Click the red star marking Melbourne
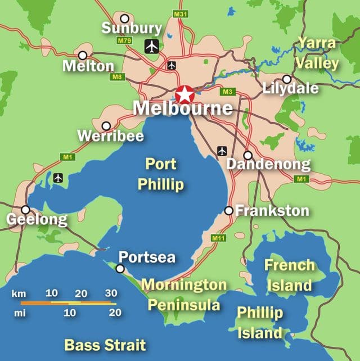(x=184, y=94)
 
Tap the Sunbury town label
(x=132, y=28)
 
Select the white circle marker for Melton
(x=83, y=55)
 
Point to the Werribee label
(x=110, y=136)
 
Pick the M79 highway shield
(x=124, y=41)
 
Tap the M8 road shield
(x=117, y=77)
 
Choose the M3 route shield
(x=227, y=92)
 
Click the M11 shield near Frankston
(x=219, y=238)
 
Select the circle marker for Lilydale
(x=287, y=79)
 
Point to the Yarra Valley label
(x=317, y=53)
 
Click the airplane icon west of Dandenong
(x=222, y=151)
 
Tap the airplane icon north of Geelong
(x=58, y=178)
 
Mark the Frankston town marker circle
(x=228, y=210)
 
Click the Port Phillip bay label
(x=161, y=174)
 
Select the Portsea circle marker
(x=120, y=269)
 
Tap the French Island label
(x=290, y=275)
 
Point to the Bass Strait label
(x=105, y=345)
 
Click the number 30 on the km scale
(x=111, y=293)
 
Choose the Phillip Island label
(x=259, y=322)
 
